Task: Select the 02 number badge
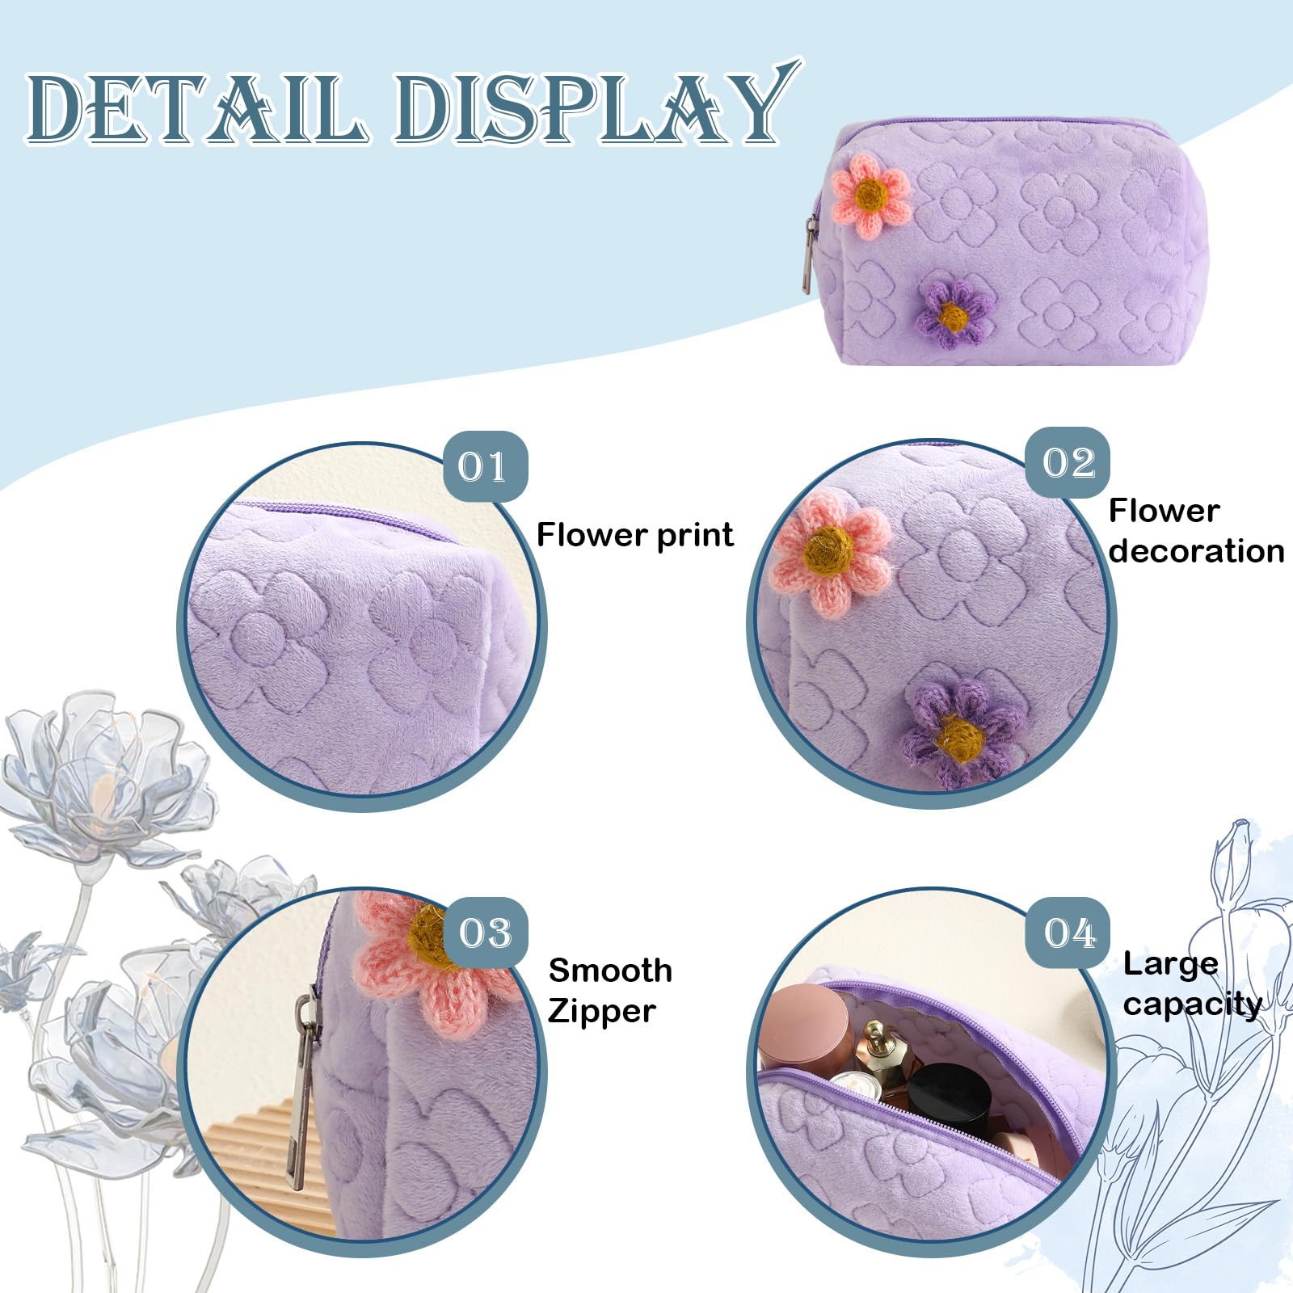[x=1068, y=463]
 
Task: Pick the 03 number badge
[x=486, y=933]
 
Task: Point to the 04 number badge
[x=1068, y=933]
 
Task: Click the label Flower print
[x=635, y=535]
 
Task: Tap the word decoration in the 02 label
[x=1196, y=551]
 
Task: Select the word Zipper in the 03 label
[x=602, y=1011]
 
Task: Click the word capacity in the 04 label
[x=1192, y=1004]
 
